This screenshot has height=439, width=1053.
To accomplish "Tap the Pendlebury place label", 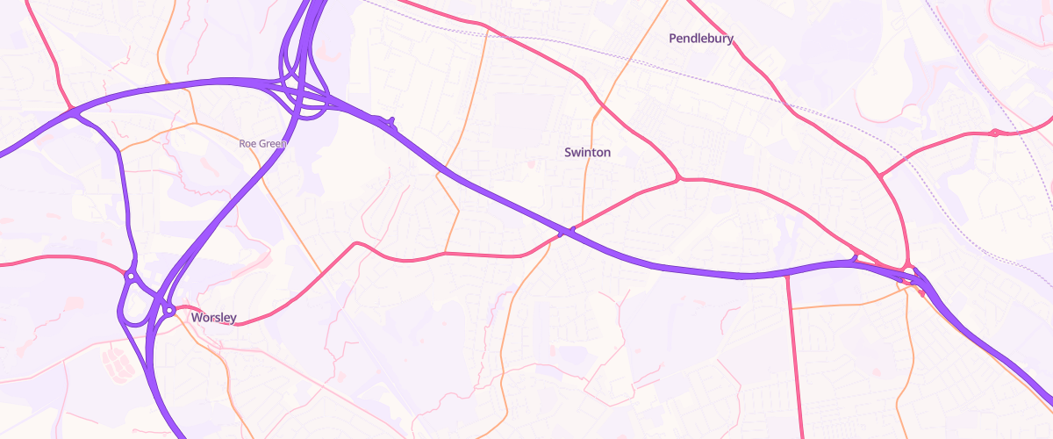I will click(700, 39).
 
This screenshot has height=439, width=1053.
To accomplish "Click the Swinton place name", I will click(587, 152).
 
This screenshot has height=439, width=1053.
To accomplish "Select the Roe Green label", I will click(263, 143).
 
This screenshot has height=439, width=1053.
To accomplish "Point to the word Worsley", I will click(213, 317).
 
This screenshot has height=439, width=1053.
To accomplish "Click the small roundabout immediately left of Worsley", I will click(169, 310).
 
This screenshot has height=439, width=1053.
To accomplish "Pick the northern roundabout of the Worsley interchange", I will click(130, 277).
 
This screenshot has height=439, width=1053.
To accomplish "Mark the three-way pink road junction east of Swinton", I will click(679, 180).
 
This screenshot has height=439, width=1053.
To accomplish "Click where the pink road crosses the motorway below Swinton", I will click(566, 232).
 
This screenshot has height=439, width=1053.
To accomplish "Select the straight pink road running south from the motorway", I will click(795, 351).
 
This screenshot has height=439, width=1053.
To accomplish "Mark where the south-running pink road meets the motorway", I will click(787, 275).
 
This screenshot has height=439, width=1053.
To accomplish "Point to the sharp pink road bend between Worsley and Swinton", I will click(356, 243).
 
